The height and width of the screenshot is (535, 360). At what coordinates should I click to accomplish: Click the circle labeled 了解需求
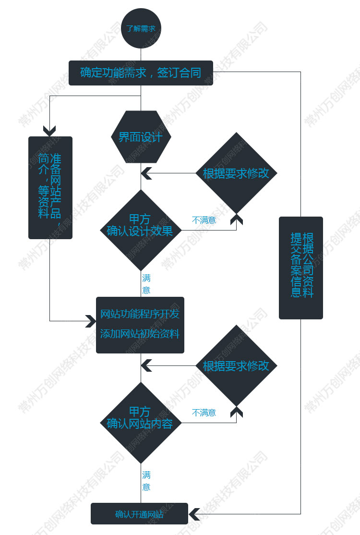[x=141, y=28]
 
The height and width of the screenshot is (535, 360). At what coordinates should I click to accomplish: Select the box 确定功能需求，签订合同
[x=141, y=73]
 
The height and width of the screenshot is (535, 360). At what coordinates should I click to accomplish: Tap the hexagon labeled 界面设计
[x=141, y=137]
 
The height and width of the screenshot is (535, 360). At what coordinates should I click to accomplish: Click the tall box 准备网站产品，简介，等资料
[x=50, y=187]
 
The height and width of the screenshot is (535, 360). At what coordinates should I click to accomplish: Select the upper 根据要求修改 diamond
[x=236, y=173]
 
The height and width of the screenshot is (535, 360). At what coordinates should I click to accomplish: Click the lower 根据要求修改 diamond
[x=236, y=365]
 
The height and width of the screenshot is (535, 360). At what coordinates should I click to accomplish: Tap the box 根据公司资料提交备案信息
[x=301, y=267]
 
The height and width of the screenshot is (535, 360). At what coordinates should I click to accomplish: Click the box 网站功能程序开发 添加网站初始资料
[x=140, y=325]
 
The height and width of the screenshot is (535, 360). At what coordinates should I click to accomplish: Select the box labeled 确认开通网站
[x=139, y=514]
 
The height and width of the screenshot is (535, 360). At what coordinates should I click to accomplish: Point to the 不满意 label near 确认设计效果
[x=204, y=220]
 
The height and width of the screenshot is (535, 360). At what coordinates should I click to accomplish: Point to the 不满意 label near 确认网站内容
[x=204, y=413]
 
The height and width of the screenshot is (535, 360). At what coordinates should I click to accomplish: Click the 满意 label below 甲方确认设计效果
[x=146, y=284]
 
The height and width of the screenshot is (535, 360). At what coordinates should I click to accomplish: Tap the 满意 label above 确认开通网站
[x=146, y=481]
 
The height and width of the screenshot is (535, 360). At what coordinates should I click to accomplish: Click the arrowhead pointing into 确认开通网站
[x=194, y=514]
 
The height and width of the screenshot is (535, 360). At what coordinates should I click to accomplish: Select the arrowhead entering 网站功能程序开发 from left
[x=91, y=321]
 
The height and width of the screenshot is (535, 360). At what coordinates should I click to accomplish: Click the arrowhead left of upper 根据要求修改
[x=146, y=173]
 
